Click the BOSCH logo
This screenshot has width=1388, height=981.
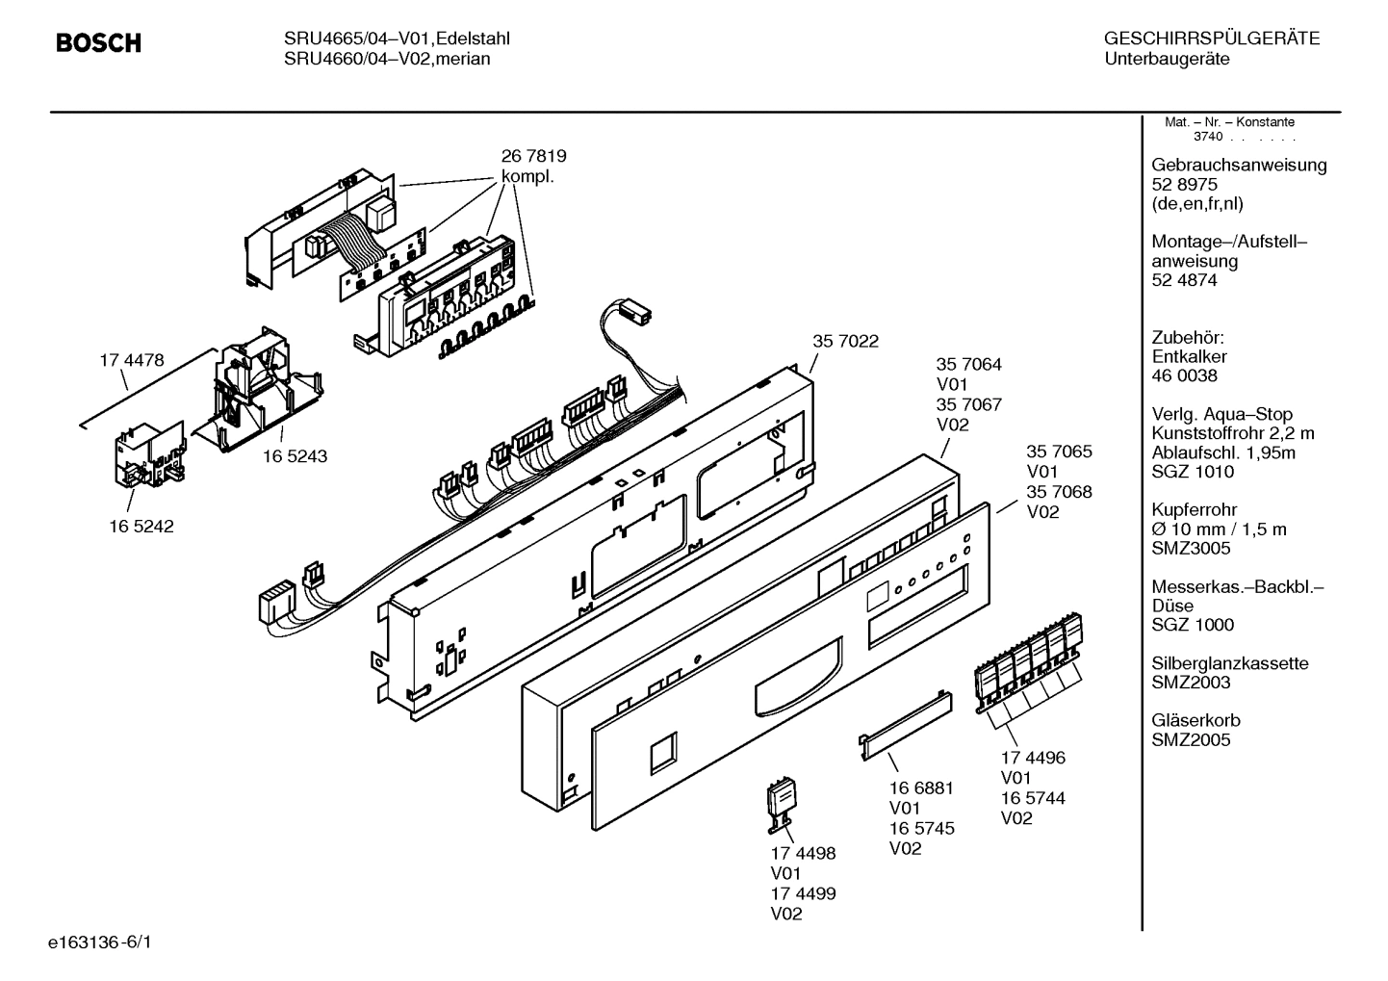click(x=98, y=43)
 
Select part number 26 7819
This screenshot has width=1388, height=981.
click(x=533, y=156)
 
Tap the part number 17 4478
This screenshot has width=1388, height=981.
click(x=132, y=361)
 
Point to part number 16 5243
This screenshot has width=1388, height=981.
click(x=295, y=456)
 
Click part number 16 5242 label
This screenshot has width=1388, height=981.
click(x=141, y=527)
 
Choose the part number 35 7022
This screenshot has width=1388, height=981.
click(x=845, y=341)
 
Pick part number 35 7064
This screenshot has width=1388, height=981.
click(x=968, y=365)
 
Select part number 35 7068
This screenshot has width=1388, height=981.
click(x=1059, y=492)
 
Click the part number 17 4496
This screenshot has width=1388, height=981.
click(x=1033, y=758)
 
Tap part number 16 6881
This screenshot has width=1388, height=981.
click(x=921, y=787)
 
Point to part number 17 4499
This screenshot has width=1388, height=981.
click(x=803, y=893)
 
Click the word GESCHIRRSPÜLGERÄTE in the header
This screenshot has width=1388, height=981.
click(x=1211, y=39)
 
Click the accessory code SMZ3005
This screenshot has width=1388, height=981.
click(x=1191, y=548)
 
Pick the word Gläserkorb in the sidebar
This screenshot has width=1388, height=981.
click(x=1195, y=720)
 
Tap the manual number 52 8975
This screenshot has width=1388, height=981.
click(x=1184, y=184)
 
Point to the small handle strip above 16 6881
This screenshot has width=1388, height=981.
click(x=905, y=720)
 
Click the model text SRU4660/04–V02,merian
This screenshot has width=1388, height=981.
click(x=387, y=59)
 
